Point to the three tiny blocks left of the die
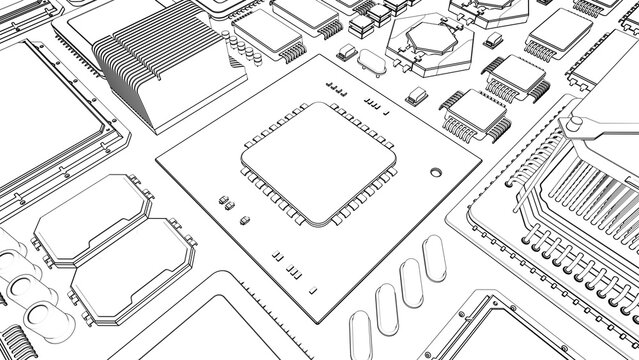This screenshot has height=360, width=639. point(228,203)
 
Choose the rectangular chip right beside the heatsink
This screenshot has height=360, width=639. point(268,34)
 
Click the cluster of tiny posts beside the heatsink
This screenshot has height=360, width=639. point(241,48)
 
